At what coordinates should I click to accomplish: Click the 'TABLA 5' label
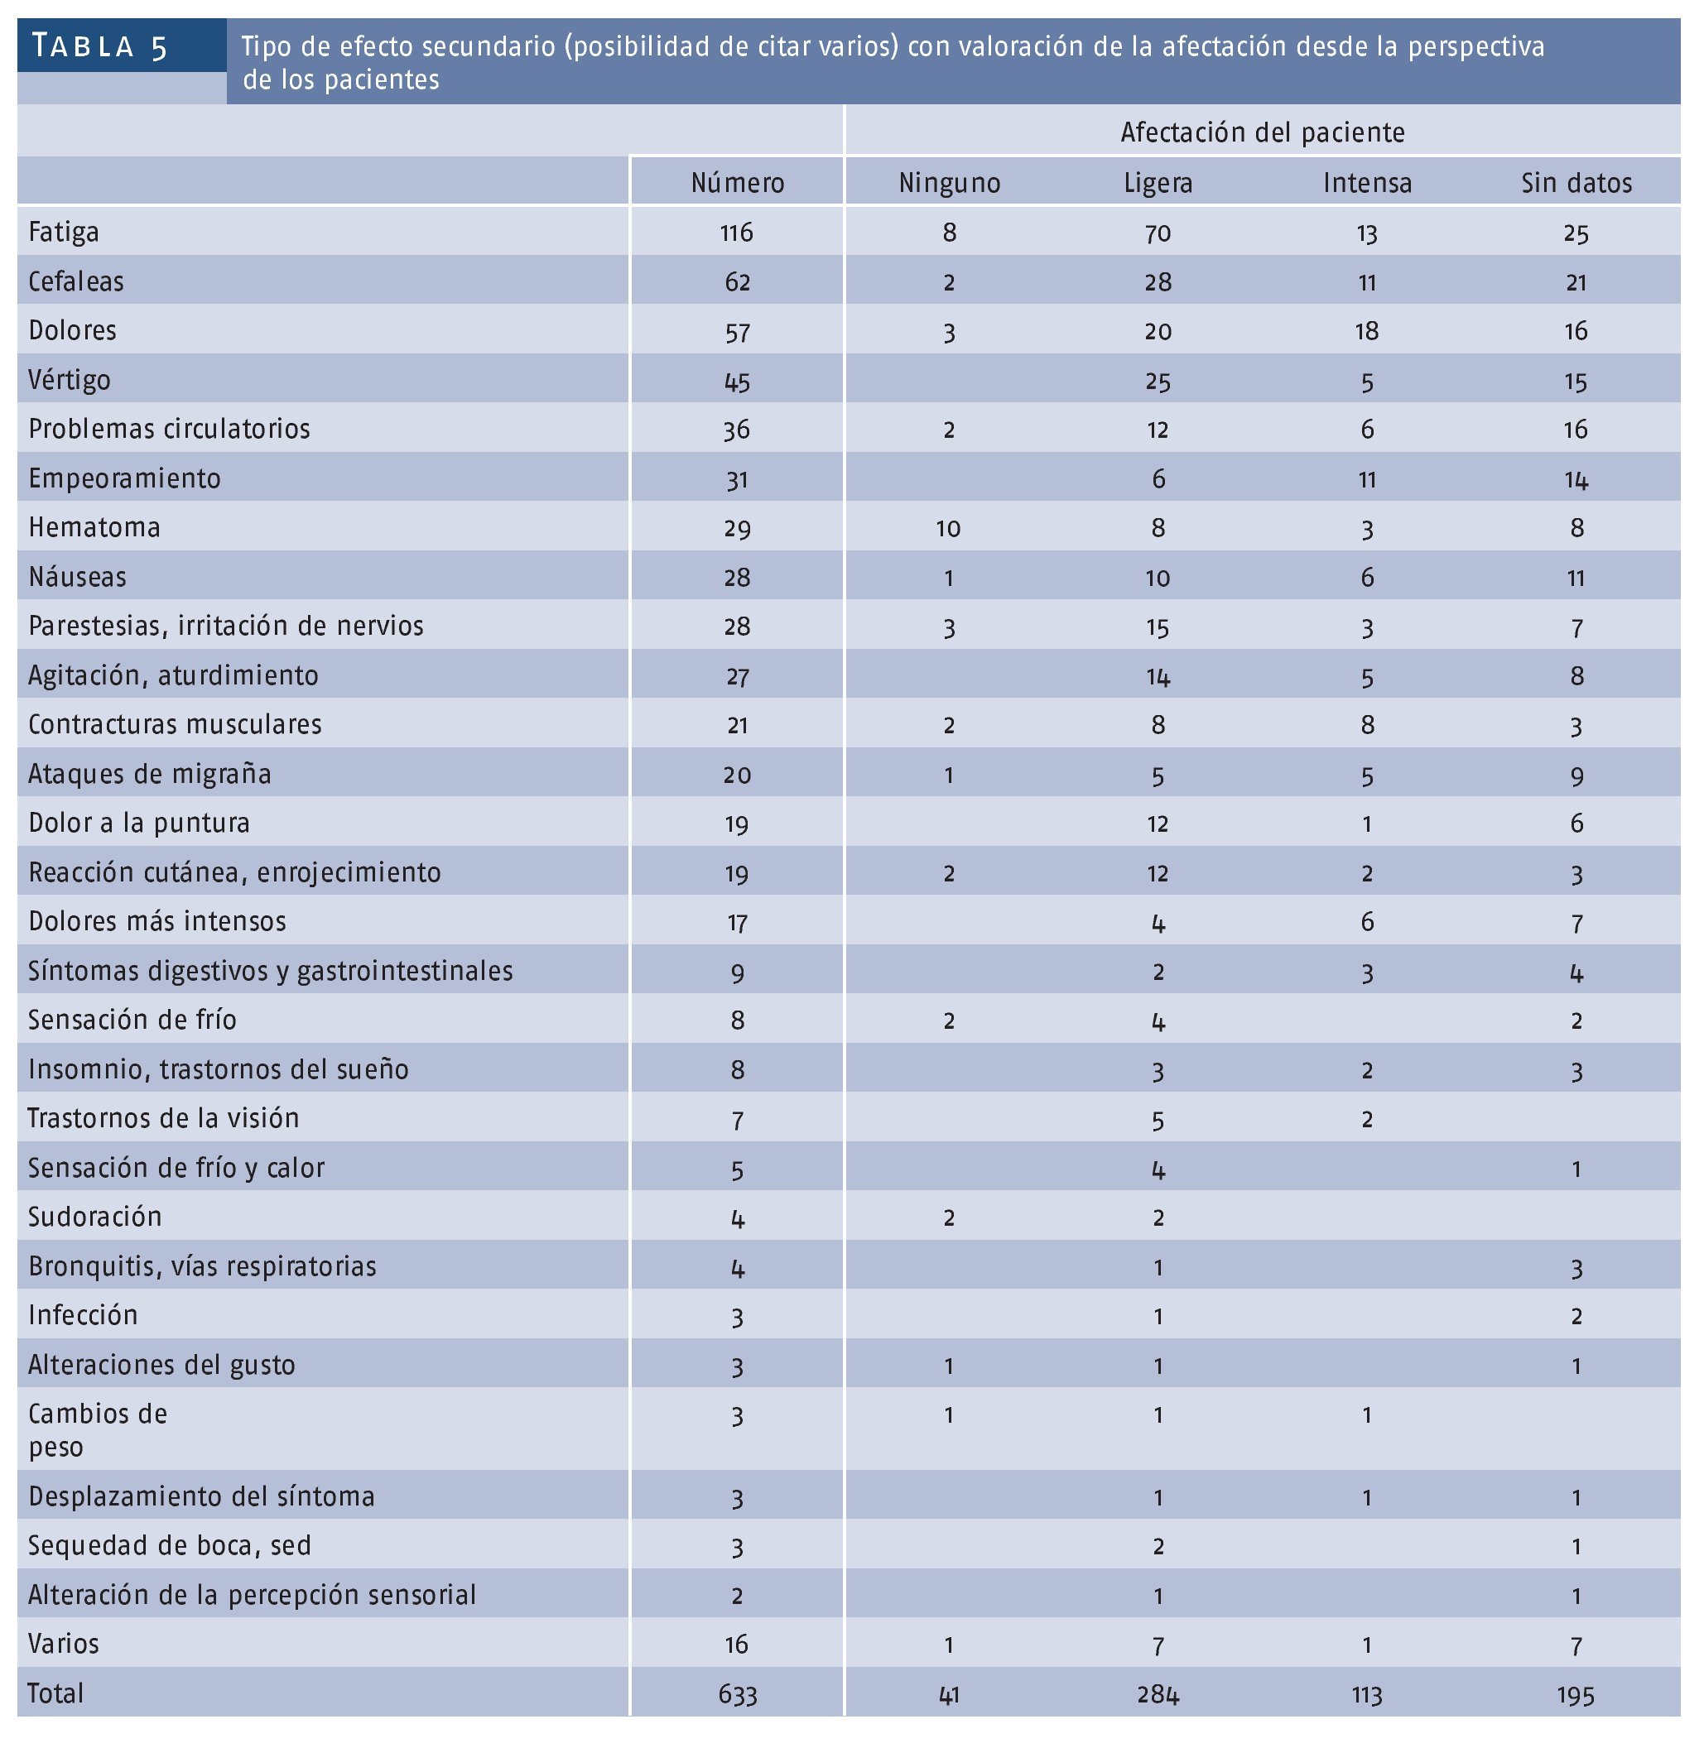(x=99, y=46)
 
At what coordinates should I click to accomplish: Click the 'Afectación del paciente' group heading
(x=1262, y=132)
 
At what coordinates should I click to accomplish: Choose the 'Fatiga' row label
(x=64, y=233)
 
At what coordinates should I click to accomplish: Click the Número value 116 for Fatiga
(x=737, y=233)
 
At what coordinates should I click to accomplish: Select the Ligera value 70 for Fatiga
(x=1158, y=233)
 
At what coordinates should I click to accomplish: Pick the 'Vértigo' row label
(x=70, y=380)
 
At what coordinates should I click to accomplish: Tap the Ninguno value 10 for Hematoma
(x=948, y=529)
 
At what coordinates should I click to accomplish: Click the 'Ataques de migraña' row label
(x=150, y=774)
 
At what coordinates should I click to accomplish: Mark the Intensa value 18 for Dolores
(x=1367, y=332)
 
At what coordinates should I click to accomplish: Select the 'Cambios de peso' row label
(x=97, y=1429)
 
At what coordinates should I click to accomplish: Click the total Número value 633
(x=737, y=1694)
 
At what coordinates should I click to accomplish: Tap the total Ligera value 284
(x=1158, y=1694)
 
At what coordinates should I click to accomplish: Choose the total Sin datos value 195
(x=1575, y=1694)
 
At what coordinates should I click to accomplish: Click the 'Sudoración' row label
(x=95, y=1217)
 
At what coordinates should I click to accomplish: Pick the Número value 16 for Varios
(x=737, y=1645)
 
